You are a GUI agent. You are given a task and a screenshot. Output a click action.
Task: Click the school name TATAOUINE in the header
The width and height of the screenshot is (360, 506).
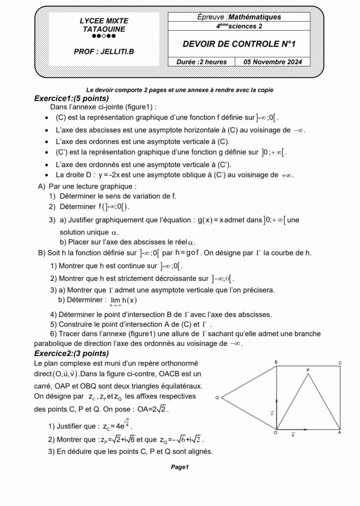pyautogui.click(x=104, y=29)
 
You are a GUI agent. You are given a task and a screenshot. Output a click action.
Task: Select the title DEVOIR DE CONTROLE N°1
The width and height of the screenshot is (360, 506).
pyautogui.click(x=239, y=44)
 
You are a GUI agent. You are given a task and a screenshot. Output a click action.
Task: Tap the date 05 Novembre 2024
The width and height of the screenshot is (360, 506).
pyautogui.click(x=273, y=62)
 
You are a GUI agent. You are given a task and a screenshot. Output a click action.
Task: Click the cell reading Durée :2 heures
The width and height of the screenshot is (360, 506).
pyautogui.click(x=201, y=62)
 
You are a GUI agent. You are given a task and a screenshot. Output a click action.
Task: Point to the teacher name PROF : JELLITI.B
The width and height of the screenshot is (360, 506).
pyautogui.click(x=104, y=52)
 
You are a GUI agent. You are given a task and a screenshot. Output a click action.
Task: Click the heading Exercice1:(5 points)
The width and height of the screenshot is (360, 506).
pyautogui.click(x=71, y=98)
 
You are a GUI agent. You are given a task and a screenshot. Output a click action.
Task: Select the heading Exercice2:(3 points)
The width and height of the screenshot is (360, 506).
pyautogui.click(x=71, y=353)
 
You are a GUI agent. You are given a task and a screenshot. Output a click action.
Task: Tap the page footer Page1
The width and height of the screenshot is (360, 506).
pyautogui.click(x=180, y=467)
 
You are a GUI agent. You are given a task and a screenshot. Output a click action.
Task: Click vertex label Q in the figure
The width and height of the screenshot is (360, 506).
pyautogui.click(x=217, y=398)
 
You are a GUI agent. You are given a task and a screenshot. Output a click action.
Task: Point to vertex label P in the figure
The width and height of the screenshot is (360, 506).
pyautogui.click(x=308, y=370)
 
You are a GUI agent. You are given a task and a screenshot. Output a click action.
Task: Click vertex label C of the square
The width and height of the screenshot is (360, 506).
pyautogui.click(x=340, y=362)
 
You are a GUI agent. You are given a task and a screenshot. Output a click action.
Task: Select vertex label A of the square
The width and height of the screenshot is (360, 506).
pyautogui.click(x=339, y=432)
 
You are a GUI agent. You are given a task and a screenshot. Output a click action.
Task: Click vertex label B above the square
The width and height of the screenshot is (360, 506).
pyautogui.click(x=276, y=362)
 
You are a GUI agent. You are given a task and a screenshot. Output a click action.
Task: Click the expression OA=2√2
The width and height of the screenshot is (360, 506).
pyautogui.click(x=153, y=409)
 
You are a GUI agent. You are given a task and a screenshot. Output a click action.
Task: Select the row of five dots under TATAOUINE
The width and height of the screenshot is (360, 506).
pyautogui.click(x=104, y=36)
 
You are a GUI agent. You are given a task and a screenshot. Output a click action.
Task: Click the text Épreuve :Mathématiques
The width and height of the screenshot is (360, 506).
pyautogui.click(x=239, y=17)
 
